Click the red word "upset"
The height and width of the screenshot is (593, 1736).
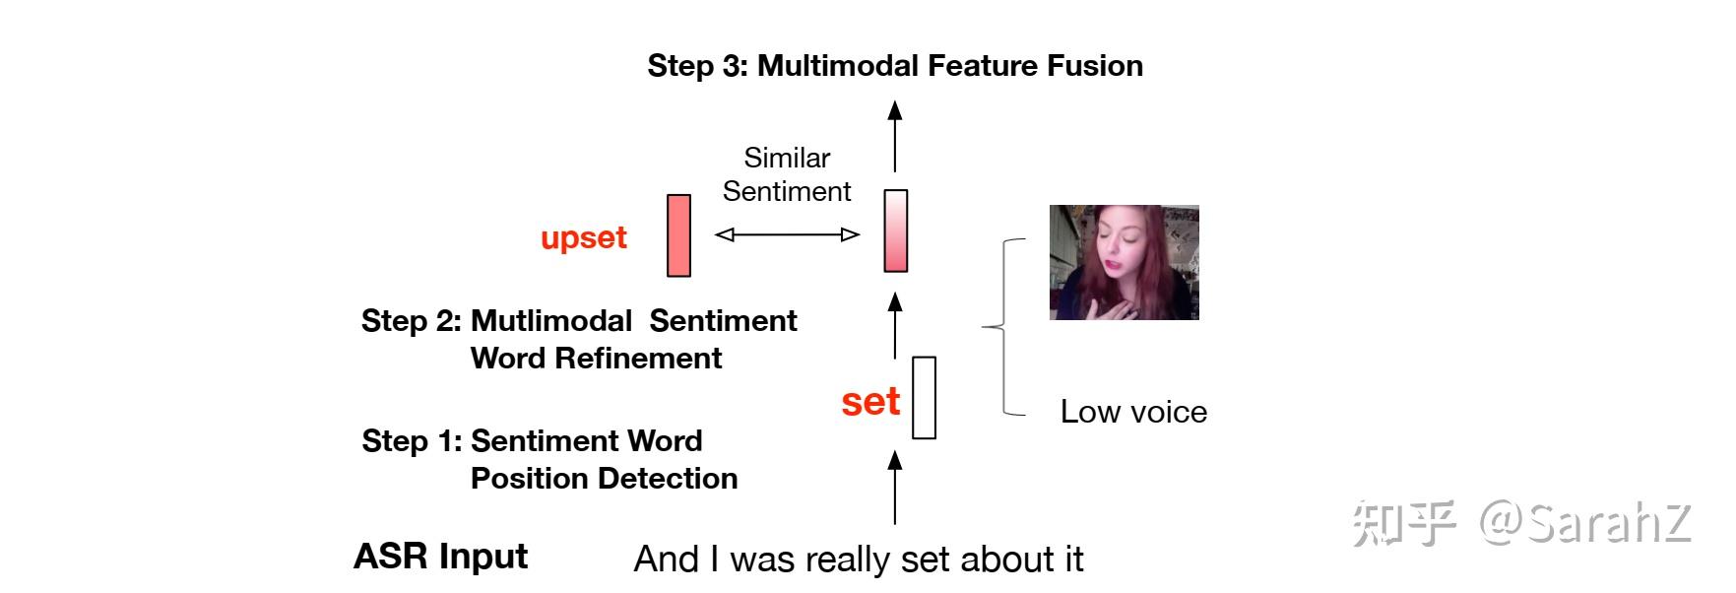(x=584, y=238)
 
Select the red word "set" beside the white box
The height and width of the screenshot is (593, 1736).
(x=870, y=401)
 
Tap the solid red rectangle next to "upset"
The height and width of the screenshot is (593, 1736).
(x=678, y=235)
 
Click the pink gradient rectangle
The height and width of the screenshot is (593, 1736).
(x=895, y=231)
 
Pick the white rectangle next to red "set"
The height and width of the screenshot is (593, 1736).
(x=924, y=397)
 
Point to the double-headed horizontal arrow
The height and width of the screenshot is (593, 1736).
(x=787, y=234)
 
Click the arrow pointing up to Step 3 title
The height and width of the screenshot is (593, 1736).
(x=895, y=136)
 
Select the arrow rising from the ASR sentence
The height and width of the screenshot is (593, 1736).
(x=895, y=487)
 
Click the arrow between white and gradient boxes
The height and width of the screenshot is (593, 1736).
(x=895, y=324)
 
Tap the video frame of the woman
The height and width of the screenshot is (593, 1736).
(x=1124, y=262)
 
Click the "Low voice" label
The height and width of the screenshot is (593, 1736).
(x=1133, y=412)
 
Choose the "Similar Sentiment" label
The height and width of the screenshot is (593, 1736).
(x=787, y=174)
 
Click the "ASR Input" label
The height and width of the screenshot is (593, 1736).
(x=441, y=557)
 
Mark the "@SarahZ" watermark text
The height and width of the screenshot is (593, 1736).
(x=1584, y=522)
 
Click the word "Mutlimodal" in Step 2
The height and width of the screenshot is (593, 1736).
(x=551, y=321)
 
